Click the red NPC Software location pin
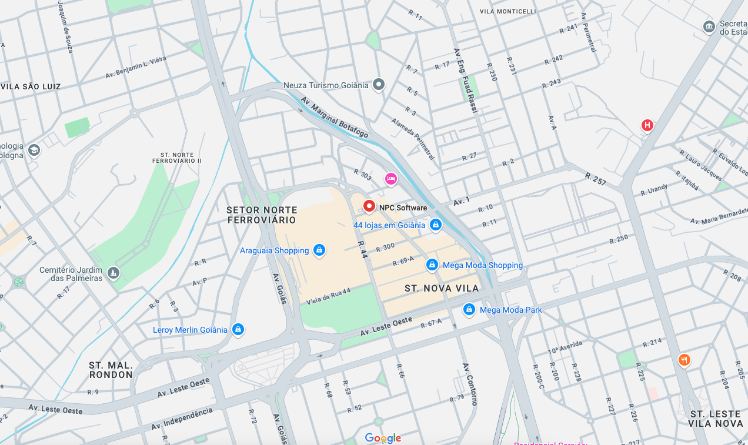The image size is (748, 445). click(x=369, y=206)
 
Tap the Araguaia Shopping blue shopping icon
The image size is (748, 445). click(x=319, y=250)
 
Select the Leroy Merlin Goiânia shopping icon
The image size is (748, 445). click(x=238, y=329)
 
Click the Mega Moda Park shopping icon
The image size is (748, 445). click(x=469, y=309)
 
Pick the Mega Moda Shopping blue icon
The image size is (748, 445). click(x=432, y=265)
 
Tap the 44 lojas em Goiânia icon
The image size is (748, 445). click(x=435, y=225)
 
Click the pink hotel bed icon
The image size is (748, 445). click(x=390, y=179)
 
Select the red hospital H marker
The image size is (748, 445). click(x=647, y=125)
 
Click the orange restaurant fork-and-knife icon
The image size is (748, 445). click(x=683, y=359)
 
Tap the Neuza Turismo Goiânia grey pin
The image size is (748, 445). click(x=379, y=85)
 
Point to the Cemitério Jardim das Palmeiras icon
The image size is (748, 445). click(x=113, y=273)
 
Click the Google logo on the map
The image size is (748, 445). click(x=383, y=438)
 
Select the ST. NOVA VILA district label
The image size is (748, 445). click(x=442, y=288)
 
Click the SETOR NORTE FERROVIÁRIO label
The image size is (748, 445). click(x=262, y=215)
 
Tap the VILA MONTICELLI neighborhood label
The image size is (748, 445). click(x=507, y=11)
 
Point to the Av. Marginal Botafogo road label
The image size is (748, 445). click(x=334, y=118)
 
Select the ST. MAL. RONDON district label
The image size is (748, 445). click(x=111, y=370)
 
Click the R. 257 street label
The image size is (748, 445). click(x=595, y=179)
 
